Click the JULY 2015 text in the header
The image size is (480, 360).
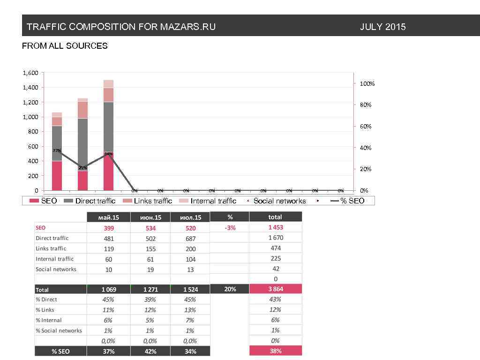click(x=382, y=27)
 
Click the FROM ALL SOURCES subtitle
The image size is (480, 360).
click(x=65, y=46)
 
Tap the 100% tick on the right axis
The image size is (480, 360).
click(x=367, y=84)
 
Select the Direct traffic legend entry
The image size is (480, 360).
click(x=95, y=201)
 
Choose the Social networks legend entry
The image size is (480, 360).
click(x=279, y=201)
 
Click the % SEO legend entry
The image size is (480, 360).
click(x=352, y=201)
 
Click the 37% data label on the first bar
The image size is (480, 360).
click(x=57, y=150)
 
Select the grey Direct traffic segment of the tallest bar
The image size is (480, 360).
click(x=109, y=127)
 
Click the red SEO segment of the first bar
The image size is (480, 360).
click(x=57, y=176)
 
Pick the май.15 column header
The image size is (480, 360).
click(x=109, y=217)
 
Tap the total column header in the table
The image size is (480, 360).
click(x=275, y=217)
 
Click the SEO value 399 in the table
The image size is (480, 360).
click(x=109, y=228)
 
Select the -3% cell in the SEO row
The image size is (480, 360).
click(x=230, y=228)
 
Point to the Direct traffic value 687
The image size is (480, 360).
click(x=190, y=239)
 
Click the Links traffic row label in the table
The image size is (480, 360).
click(x=51, y=248)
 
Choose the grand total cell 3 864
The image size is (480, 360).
click(x=275, y=289)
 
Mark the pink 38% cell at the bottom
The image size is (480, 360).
click(x=275, y=351)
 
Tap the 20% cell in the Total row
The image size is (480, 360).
click(x=230, y=289)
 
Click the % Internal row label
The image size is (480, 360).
click(x=49, y=320)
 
